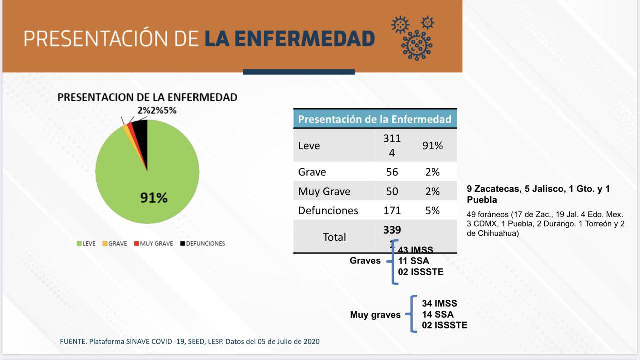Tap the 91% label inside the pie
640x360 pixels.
pyautogui.click(x=153, y=198)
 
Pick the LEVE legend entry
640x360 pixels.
pyautogui.click(x=86, y=244)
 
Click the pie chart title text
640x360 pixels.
pyautogui.click(x=147, y=97)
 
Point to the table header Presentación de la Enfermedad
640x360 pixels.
pyautogui.click(x=374, y=119)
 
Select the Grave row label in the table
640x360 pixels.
pyautogui.click(x=312, y=172)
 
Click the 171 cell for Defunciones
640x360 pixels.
pyautogui.click(x=392, y=210)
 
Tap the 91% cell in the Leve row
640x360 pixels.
pyautogui.click(x=432, y=146)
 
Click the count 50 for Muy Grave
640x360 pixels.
pyautogui.click(x=392, y=191)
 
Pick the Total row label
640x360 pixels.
pyautogui.click(x=334, y=237)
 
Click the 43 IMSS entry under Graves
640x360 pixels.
pyautogui.click(x=415, y=250)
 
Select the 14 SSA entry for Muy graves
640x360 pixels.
pyautogui.click(x=437, y=314)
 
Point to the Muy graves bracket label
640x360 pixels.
pyautogui.click(x=375, y=315)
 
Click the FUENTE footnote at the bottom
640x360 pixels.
pyautogui.click(x=189, y=342)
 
